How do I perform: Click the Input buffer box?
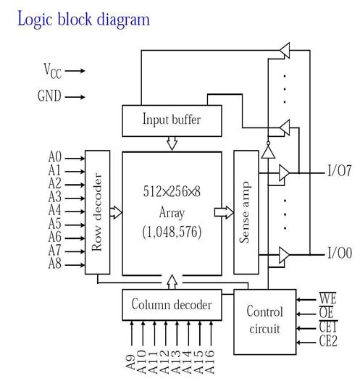(x=172, y=120)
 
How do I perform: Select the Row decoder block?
(x=97, y=212)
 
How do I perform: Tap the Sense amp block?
(x=246, y=212)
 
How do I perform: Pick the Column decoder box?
(x=172, y=305)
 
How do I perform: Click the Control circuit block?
(x=265, y=322)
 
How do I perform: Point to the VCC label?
(x=52, y=71)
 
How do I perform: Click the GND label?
(x=49, y=96)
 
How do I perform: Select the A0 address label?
(x=55, y=156)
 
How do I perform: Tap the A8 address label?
(x=55, y=264)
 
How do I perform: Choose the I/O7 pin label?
(x=339, y=170)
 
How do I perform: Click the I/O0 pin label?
(x=340, y=253)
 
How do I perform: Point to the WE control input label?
(x=327, y=298)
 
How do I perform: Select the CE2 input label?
(x=328, y=340)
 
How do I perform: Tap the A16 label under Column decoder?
(x=209, y=361)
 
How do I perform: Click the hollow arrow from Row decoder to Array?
(x=116, y=212)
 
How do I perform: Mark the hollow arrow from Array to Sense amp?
(x=224, y=212)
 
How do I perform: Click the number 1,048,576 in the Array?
(x=172, y=232)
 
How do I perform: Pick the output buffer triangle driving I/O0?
(x=284, y=255)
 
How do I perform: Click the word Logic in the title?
(x=35, y=20)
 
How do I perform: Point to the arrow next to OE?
(x=306, y=314)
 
